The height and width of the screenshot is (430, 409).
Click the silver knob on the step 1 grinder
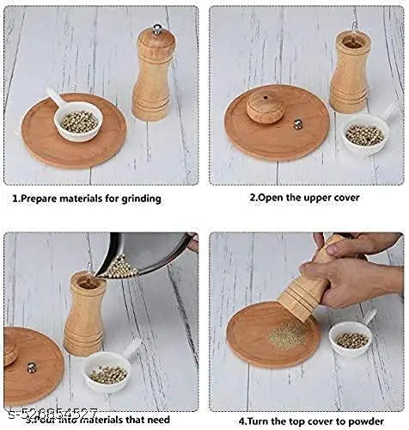tap(156, 29)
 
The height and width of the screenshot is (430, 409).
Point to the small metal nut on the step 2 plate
tap(298, 124)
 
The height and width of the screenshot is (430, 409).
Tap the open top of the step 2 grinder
tap(352, 40)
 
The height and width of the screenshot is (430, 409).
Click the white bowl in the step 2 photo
tap(364, 133)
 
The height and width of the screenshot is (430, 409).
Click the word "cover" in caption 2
tap(343, 198)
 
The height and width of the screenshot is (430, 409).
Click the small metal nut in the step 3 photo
tap(32, 367)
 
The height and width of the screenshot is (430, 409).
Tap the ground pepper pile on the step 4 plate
tap(288, 335)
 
